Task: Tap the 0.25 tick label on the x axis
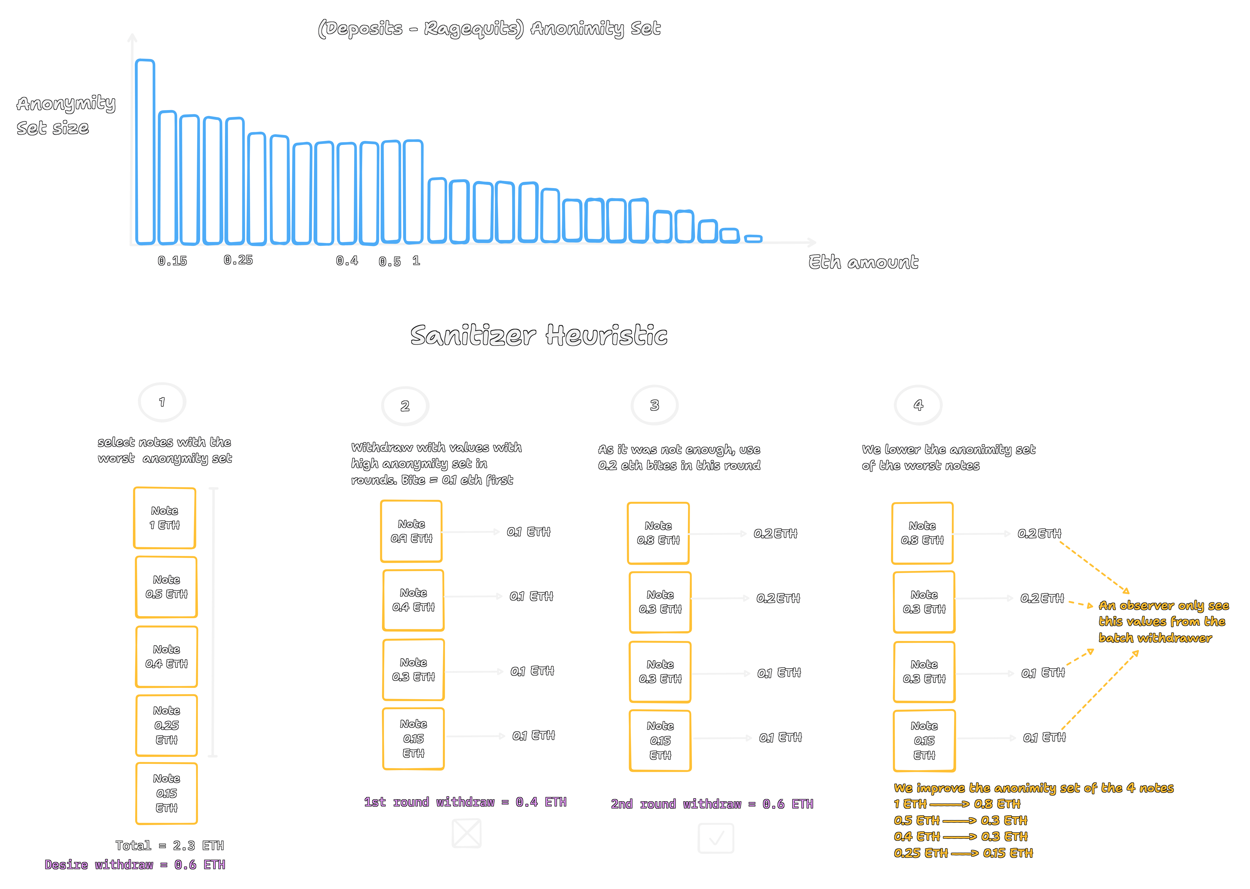pyautogui.click(x=238, y=260)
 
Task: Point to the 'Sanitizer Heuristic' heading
pyautogui.click(x=539, y=335)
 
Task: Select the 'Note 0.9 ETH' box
pyautogui.click(x=411, y=531)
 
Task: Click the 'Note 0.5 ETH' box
pyautogui.click(x=167, y=587)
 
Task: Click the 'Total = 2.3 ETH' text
pyautogui.click(x=170, y=846)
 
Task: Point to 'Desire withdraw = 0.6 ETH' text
pyautogui.click(x=135, y=865)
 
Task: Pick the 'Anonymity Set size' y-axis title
pyautogui.click(x=66, y=115)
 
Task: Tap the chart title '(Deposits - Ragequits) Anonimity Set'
pyautogui.click(x=489, y=29)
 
